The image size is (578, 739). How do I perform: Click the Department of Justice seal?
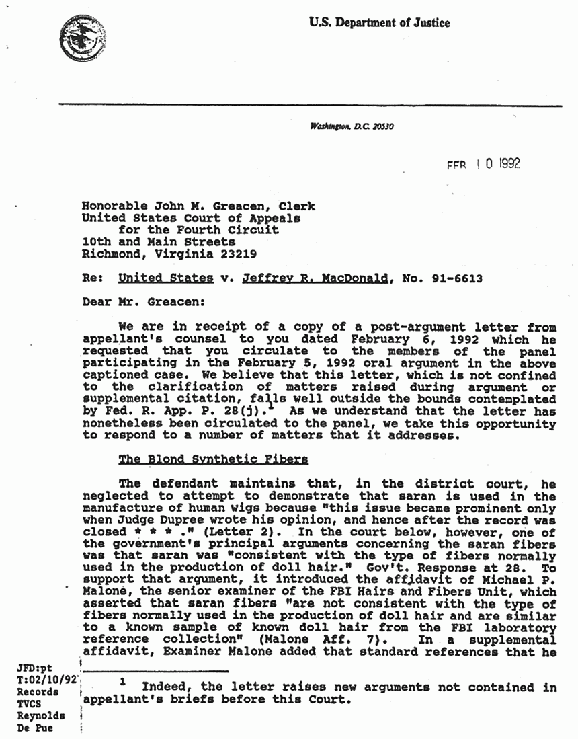pos(79,38)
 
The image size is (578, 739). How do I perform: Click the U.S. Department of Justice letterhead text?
pos(379,23)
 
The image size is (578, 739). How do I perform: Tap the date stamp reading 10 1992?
pos(485,163)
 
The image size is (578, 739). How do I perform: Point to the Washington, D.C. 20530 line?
pos(352,127)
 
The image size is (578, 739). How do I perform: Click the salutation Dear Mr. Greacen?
pos(138,302)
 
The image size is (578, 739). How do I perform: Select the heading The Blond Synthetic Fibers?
pos(213,459)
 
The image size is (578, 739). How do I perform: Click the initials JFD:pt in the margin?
pos(34,667)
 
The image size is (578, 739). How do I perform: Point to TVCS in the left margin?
pos(30,703)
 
